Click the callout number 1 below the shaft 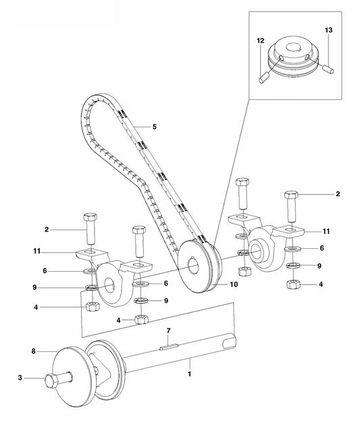(190, 374)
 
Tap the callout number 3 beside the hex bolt (20, 377)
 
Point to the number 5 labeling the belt (155, 127)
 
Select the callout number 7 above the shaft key (169, 331)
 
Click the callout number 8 (34, 351)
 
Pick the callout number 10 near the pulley (234, 284)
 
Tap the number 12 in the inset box (261, 40)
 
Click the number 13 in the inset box (329, 30)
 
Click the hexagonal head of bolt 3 (51, 380)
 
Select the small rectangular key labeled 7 (169, 346)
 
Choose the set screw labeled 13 (329, 69)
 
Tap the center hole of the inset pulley (296, 47)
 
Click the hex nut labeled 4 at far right (293, 284)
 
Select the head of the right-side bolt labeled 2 (291, 194)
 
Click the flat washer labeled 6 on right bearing (292, 248)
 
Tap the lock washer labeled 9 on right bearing (292, 265)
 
